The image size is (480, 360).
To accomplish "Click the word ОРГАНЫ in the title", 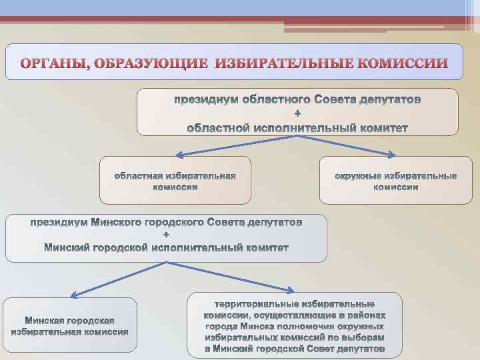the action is click(x=54, y=64).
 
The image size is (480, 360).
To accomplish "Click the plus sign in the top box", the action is click(x=297, y=113).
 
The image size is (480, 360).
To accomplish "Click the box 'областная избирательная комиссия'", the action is click(x=175, y=181).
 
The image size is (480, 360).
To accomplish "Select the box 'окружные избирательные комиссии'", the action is click(x=396, y=181).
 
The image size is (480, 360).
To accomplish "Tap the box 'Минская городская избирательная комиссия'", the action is click(x=70, y=325).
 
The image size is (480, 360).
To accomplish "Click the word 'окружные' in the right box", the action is click(x=357, y=176).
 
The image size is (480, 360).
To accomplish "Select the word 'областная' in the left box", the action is click(x=137, y=176).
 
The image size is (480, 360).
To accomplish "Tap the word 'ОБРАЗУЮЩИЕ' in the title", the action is click(x=151, y=64).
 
